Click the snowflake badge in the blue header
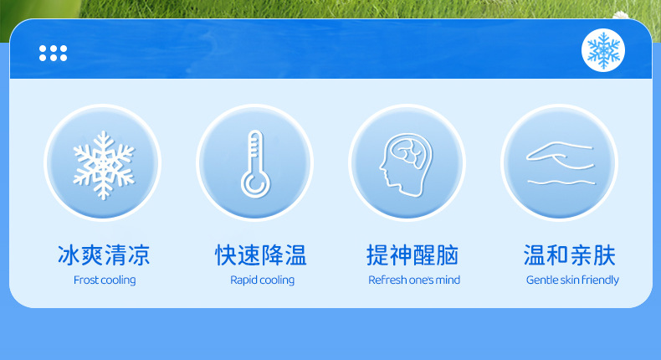point(603,50)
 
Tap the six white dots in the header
point(53,54)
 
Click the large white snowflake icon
point(104,165)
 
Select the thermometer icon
point(255,164)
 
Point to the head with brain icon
point(406,165)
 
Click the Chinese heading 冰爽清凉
point(104,255)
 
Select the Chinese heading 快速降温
point(261,255)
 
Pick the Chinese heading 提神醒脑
point(412,255)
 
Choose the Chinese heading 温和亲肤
point(570,255)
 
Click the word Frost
point(86,280)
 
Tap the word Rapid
point(243,280)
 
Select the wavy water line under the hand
point(561,183)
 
